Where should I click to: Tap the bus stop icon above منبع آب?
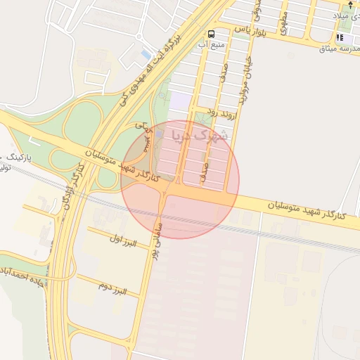[212, 34]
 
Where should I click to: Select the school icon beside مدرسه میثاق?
[341, 37]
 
